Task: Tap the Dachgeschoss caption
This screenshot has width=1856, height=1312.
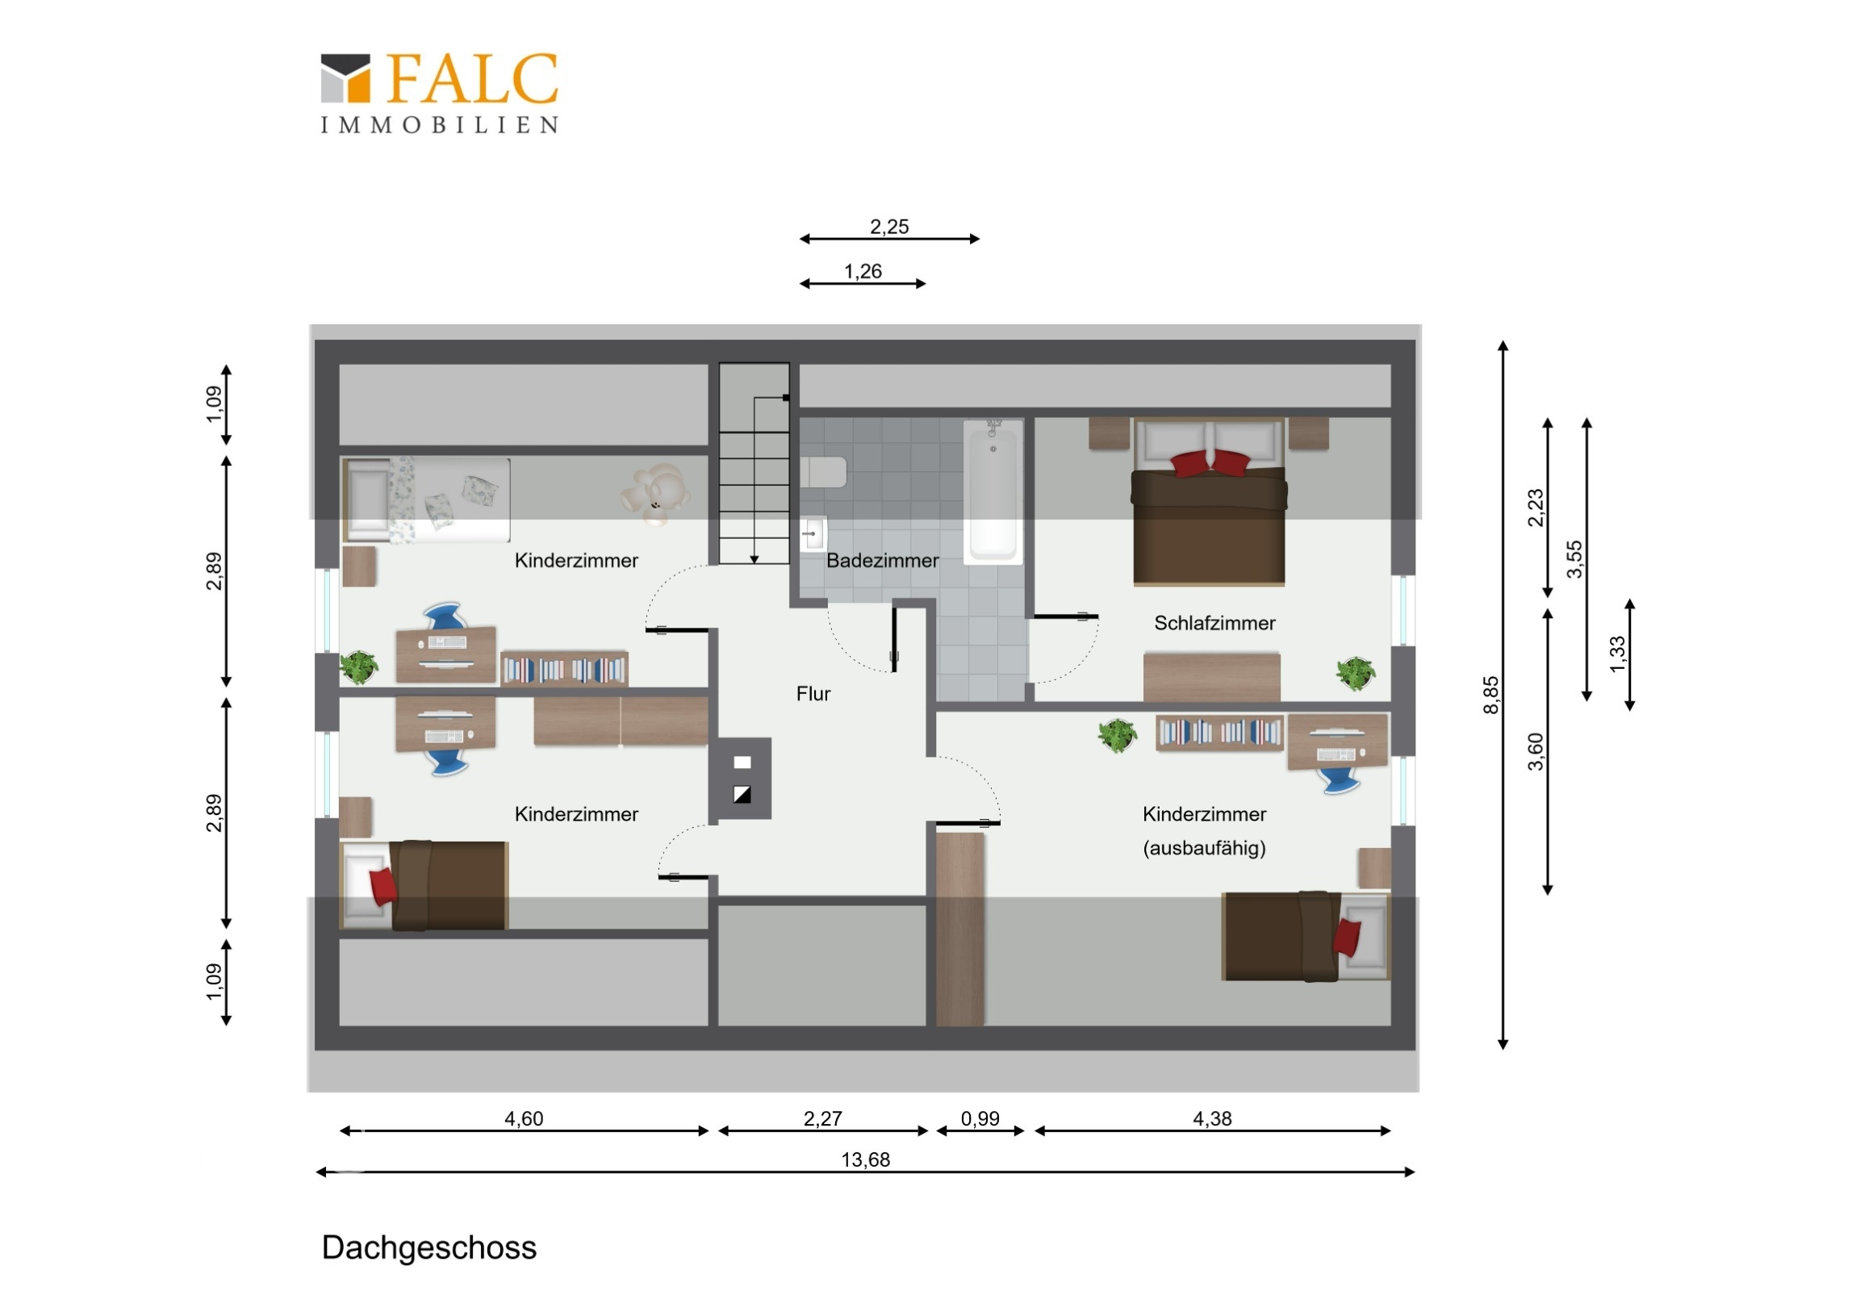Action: [429, 1247]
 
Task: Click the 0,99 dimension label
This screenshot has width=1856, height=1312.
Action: [980, 1119]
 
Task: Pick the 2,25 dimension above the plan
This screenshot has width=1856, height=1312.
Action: [889, 228]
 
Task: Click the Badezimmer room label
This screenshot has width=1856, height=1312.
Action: [882, 560]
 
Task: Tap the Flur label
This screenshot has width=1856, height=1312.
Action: [813, 694]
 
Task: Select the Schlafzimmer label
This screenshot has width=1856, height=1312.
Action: [1214, 623]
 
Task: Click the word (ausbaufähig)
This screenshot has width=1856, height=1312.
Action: [1205, 848]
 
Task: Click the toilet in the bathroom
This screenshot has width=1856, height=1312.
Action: [823, 473]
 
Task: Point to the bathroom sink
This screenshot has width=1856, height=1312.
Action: [813, 533]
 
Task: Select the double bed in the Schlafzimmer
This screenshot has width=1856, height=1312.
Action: [1209, 501]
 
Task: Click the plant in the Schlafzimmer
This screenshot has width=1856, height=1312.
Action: [1356, 674]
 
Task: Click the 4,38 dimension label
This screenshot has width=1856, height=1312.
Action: [1212, 1119]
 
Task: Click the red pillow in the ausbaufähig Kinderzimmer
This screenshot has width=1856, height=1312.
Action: [1347, 938]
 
